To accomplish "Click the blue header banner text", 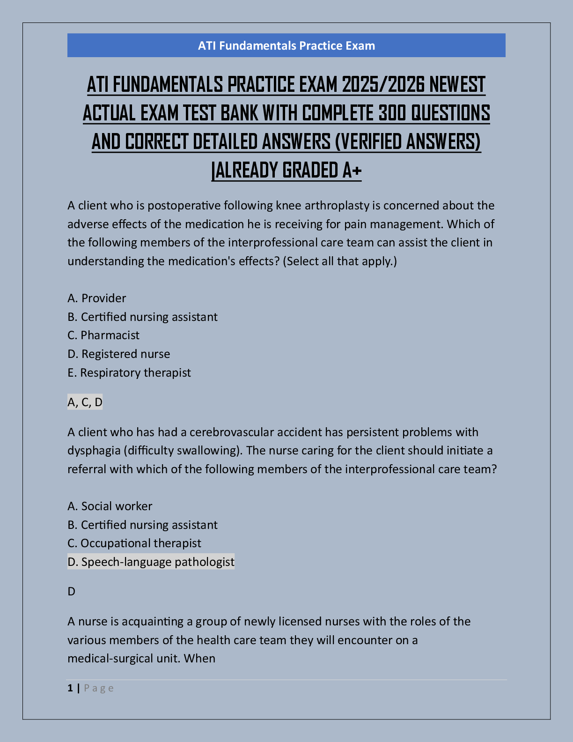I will [286, 45].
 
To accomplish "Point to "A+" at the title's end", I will [352, 170].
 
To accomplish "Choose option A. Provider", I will [97, 298].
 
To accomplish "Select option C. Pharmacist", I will [103, 335].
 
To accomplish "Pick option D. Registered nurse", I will [119, 354].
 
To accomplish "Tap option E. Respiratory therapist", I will [129, 372].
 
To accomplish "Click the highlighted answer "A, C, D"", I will [85, 402].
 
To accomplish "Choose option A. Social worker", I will [110, 506].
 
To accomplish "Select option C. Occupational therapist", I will [134, 543].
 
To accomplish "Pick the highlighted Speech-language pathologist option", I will [151, 562].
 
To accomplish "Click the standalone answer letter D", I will [71, 592].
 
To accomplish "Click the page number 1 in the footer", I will [70, 688].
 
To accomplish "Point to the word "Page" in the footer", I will [99, 688].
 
